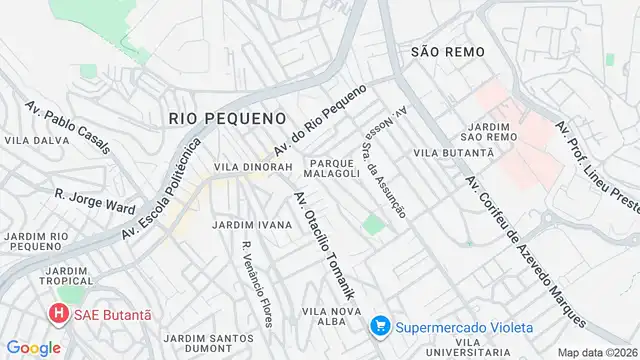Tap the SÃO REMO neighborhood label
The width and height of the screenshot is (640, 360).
(x=448, y=51)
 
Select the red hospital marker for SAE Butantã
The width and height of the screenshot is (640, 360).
(x=59, y=314)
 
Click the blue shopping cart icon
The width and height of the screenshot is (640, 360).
(x=380, y=326)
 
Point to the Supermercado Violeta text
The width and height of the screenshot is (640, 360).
(x=464, y=326)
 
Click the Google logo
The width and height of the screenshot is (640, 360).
(x=32, y=347)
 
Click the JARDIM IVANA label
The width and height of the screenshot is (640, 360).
(x=251, y=225)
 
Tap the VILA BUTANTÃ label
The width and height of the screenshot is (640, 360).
(x=454, y=152)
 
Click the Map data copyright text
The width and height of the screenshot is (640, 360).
(x=597, y=352)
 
